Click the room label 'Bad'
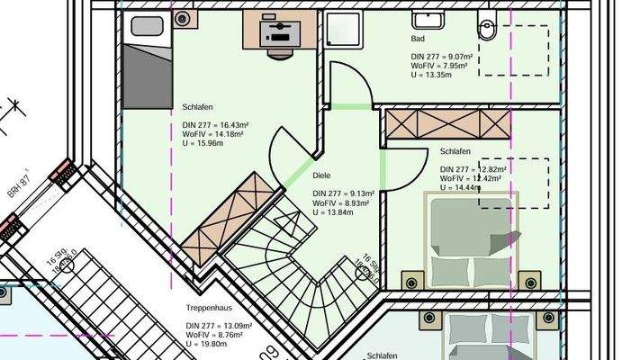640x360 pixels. tap(417, 40)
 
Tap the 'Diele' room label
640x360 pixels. tap(322, 175)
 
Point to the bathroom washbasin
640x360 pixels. tap(424, 17)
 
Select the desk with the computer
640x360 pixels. tap(276, 34)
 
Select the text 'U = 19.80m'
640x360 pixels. tap(206, 342)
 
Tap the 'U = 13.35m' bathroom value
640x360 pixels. tap(433, 76)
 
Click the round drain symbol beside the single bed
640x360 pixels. tap(184, 18)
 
